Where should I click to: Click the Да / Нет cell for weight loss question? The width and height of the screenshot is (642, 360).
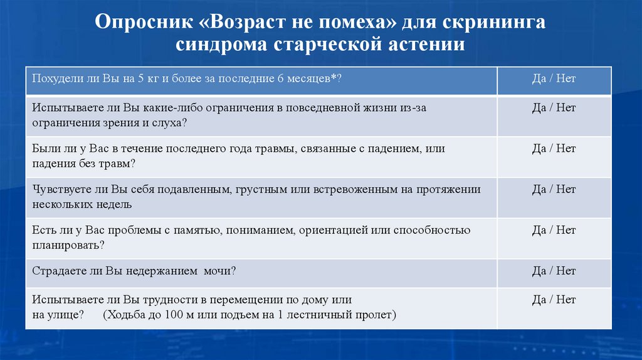554,79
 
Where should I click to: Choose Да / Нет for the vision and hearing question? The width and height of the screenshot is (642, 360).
554,108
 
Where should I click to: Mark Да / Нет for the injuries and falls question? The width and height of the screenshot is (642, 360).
554,149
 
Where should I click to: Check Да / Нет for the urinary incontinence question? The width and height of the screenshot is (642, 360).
554,271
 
